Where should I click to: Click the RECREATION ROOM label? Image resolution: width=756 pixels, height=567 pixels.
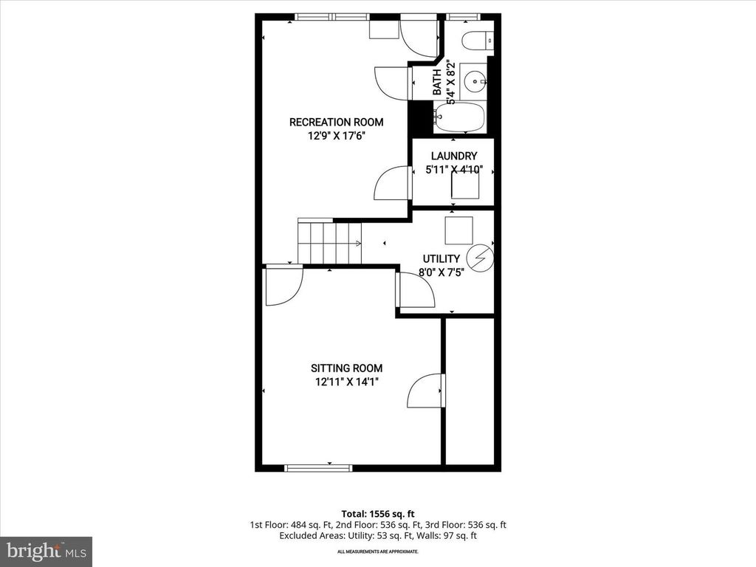336,122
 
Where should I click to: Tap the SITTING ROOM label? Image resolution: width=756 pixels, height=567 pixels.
346,368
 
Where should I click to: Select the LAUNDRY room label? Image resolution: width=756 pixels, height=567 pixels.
454,156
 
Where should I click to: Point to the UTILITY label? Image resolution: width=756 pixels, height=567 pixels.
441,258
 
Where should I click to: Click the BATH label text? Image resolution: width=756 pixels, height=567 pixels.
436,82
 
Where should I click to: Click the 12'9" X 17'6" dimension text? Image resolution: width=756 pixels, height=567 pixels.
336,136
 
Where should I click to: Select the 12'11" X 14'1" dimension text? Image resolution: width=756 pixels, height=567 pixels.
346,382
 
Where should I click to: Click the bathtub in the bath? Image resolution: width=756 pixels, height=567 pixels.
459,117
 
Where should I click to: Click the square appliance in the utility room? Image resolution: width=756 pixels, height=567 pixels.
459,231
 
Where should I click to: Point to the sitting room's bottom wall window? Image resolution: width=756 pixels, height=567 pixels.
319,467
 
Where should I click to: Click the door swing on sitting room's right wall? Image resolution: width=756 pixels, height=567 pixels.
427,390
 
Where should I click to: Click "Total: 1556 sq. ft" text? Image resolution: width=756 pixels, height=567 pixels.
377,513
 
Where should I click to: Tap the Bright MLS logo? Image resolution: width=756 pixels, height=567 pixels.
46,551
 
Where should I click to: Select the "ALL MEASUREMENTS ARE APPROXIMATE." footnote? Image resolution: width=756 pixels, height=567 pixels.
377,551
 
